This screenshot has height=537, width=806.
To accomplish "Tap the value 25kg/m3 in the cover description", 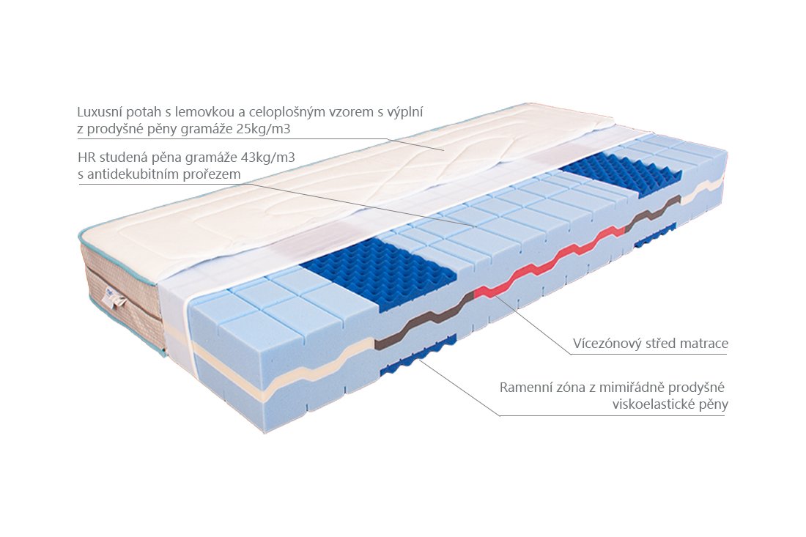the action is click(263, 128).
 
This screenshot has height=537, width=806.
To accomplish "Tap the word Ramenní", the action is click(521, 387).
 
